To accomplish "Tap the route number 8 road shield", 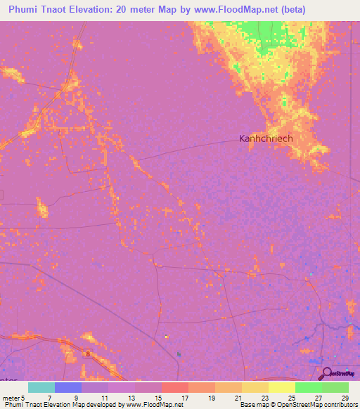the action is (x=89, y=355).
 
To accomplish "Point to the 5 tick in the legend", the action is (x=23, y=397).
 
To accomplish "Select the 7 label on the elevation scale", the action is (x=49, y=397).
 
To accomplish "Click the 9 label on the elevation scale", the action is (x=76, y=397).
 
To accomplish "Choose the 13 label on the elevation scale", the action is (x=130, y=397).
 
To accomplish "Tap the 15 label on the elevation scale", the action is (x=157, y=397).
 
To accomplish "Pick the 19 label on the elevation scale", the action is (x=210, y=397).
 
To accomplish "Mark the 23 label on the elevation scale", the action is (x=264, y=397).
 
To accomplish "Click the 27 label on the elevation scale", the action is (x=317, y=397).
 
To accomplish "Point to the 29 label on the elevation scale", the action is (x=344, y=397).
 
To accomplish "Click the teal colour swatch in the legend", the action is (x=41, y=387).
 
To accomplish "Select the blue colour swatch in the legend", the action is (x=68, y=387).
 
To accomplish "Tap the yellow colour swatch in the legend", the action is (x=282, y=387).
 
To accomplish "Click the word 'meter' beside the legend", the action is (x=11, y=397).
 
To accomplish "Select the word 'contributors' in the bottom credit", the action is (x=337, y=405).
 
